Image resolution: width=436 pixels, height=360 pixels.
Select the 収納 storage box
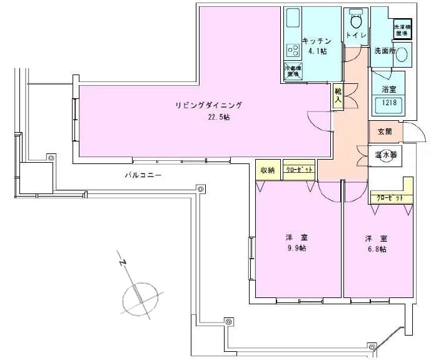(268, 170)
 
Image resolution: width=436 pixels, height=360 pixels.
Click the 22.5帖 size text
(219, 117)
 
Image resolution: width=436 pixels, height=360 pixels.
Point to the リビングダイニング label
(208, 105)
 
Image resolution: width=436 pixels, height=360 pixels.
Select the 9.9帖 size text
(297, 249)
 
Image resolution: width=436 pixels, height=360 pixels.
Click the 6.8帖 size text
(376, 249)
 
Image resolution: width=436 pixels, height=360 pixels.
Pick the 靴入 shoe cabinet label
(338, 95)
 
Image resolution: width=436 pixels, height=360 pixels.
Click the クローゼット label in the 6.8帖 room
(389, 198)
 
